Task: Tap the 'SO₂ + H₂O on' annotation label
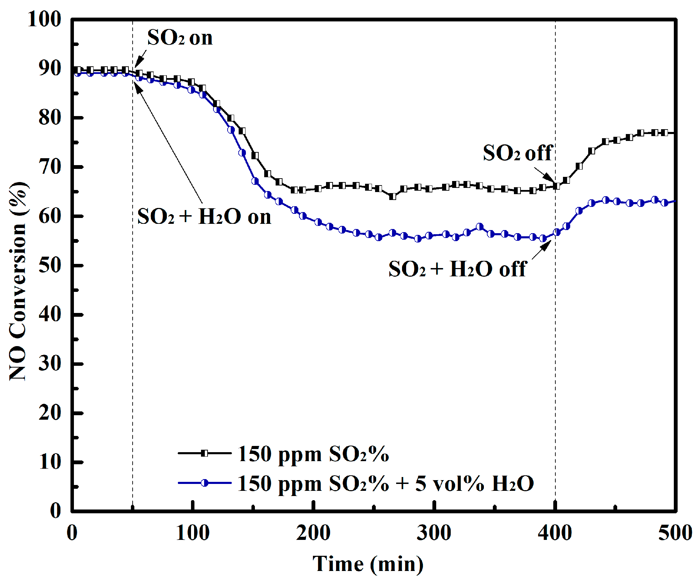(x=204, y=217)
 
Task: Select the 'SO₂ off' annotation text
(x=517, y=153)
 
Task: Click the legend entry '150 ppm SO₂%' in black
(x=313, y=454)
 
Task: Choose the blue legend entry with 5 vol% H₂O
(x=385, y=483)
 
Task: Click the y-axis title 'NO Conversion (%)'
(x=18, y=282)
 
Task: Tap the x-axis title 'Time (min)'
(x=367, y=564)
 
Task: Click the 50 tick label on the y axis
(x=50, y=265)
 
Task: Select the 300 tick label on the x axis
(x=433, y=533)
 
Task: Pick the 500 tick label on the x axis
(x=675, y=533)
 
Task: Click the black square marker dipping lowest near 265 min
(x=392, y=197)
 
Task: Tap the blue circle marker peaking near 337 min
(x=479, y=227)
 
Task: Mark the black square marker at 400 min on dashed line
(x=556, y=186)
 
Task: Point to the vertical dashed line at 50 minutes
(x=133, y=311)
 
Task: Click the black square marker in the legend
(x=204, y=453)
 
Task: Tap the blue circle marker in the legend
(x=204, y=483)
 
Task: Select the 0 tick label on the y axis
(x=55, y=511)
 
